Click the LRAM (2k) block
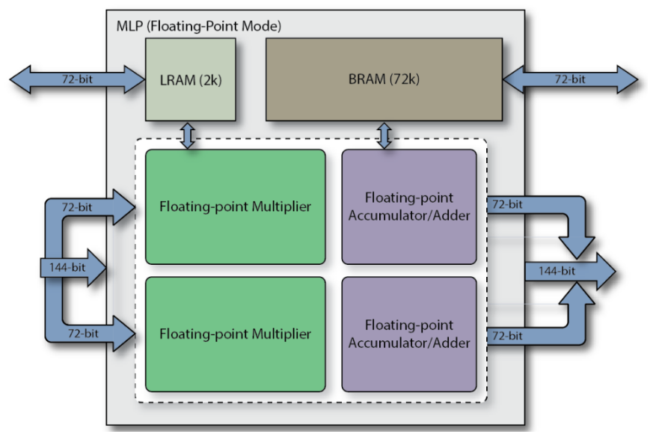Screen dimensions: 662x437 [191, 79]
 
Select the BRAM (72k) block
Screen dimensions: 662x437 [384, 79]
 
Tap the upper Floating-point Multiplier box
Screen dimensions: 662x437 [236, 207]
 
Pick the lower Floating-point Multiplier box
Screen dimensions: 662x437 [236, 334]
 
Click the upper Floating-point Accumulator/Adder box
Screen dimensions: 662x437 [409, 207]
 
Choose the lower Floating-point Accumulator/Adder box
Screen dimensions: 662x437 [409, 334]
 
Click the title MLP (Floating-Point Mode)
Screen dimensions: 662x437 [199, 26]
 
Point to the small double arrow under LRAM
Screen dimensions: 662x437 [188, 135]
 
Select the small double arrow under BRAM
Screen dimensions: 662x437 [384, 135]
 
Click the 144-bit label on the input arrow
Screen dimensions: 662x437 [67, 267]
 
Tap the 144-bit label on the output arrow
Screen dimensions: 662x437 [557, 271]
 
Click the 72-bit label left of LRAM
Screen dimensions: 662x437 [77, 79]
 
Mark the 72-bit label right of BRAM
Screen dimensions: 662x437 [570, 79]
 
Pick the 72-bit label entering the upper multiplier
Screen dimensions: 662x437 [77, 207]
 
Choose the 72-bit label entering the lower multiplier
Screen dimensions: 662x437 [83, 334]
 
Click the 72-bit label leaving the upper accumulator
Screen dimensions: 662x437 [507, 204]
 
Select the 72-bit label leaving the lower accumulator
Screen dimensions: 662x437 [507, 336]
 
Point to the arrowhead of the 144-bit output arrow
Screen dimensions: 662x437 [615, 272]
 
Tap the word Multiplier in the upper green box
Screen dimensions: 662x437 [281, 207]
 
